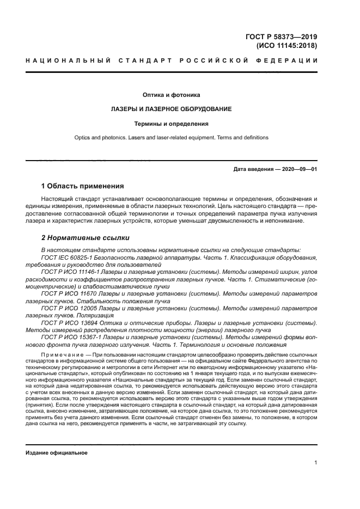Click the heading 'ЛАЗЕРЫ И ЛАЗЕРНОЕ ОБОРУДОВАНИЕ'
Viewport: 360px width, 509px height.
[x=172, y=109]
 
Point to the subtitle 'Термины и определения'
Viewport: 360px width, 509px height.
[x=172, y=124]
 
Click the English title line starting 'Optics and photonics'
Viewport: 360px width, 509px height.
[x=172, y=138]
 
